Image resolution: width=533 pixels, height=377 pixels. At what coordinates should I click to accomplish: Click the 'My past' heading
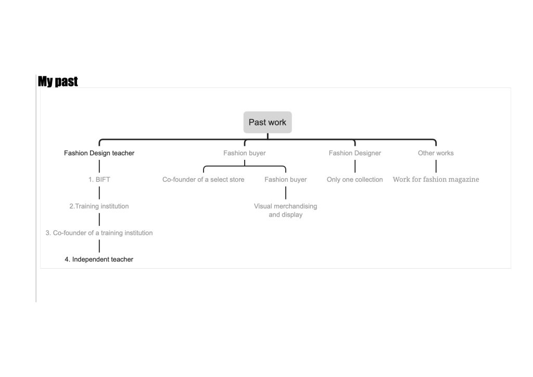tap(58, 82)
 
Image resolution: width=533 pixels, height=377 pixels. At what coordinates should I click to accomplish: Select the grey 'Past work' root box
tap(268, 122)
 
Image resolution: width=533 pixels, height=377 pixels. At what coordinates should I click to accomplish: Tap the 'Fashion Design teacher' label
tap(99, 153)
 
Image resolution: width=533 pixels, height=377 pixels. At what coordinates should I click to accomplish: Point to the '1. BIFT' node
tap(99, 180)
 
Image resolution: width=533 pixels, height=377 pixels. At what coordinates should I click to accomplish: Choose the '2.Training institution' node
tap(99, 206)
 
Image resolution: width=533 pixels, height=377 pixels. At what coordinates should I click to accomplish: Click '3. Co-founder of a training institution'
tap(99, 233)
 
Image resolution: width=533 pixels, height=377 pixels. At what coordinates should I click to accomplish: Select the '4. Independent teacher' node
tap(99, 259)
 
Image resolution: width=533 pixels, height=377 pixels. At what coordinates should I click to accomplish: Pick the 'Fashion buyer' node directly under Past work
tap(245, 153)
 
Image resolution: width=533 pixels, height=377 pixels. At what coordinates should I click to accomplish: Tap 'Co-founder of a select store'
tap(204, 180)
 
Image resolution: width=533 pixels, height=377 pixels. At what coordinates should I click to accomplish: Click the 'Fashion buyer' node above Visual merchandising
tap(286, 180)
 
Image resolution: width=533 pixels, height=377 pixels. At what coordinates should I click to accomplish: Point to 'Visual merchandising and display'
tap(286, 210)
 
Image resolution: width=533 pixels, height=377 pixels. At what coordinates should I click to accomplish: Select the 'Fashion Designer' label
tap(355, 153)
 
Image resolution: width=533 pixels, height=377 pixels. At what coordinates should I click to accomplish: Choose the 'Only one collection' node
tap(355, 180)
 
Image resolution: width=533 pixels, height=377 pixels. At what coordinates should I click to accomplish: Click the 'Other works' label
tap(436, 153)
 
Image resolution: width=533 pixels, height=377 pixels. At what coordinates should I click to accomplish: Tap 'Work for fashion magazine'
tap(436, 180)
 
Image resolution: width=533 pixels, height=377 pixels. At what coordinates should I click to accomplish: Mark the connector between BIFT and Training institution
tap(99, 193)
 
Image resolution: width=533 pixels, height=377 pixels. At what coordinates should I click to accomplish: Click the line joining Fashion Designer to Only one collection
tap(355, 166)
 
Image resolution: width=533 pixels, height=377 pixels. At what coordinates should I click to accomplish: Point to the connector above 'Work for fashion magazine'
tap(436, 166)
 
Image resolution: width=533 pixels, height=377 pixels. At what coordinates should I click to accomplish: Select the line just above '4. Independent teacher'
tap(99, 246)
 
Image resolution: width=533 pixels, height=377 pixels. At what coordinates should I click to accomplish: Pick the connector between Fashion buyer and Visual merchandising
tap(286, 193)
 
